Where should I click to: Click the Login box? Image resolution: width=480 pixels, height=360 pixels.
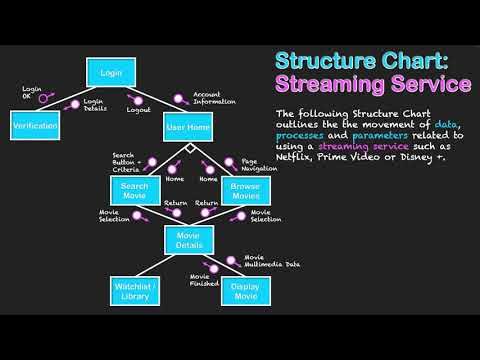click(x=109, y=72)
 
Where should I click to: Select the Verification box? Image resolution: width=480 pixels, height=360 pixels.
click(x=35, y=127)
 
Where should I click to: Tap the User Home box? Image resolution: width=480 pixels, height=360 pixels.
click(x=188, y=127)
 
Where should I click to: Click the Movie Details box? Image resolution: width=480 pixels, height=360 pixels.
click(x=189, y=239)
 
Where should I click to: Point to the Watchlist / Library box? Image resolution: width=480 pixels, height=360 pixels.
click(x=135, y=293)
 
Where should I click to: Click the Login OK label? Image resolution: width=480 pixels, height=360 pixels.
click(x=33, y=91)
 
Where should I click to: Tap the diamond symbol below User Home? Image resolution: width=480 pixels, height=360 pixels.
click(x=189, y=148)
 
